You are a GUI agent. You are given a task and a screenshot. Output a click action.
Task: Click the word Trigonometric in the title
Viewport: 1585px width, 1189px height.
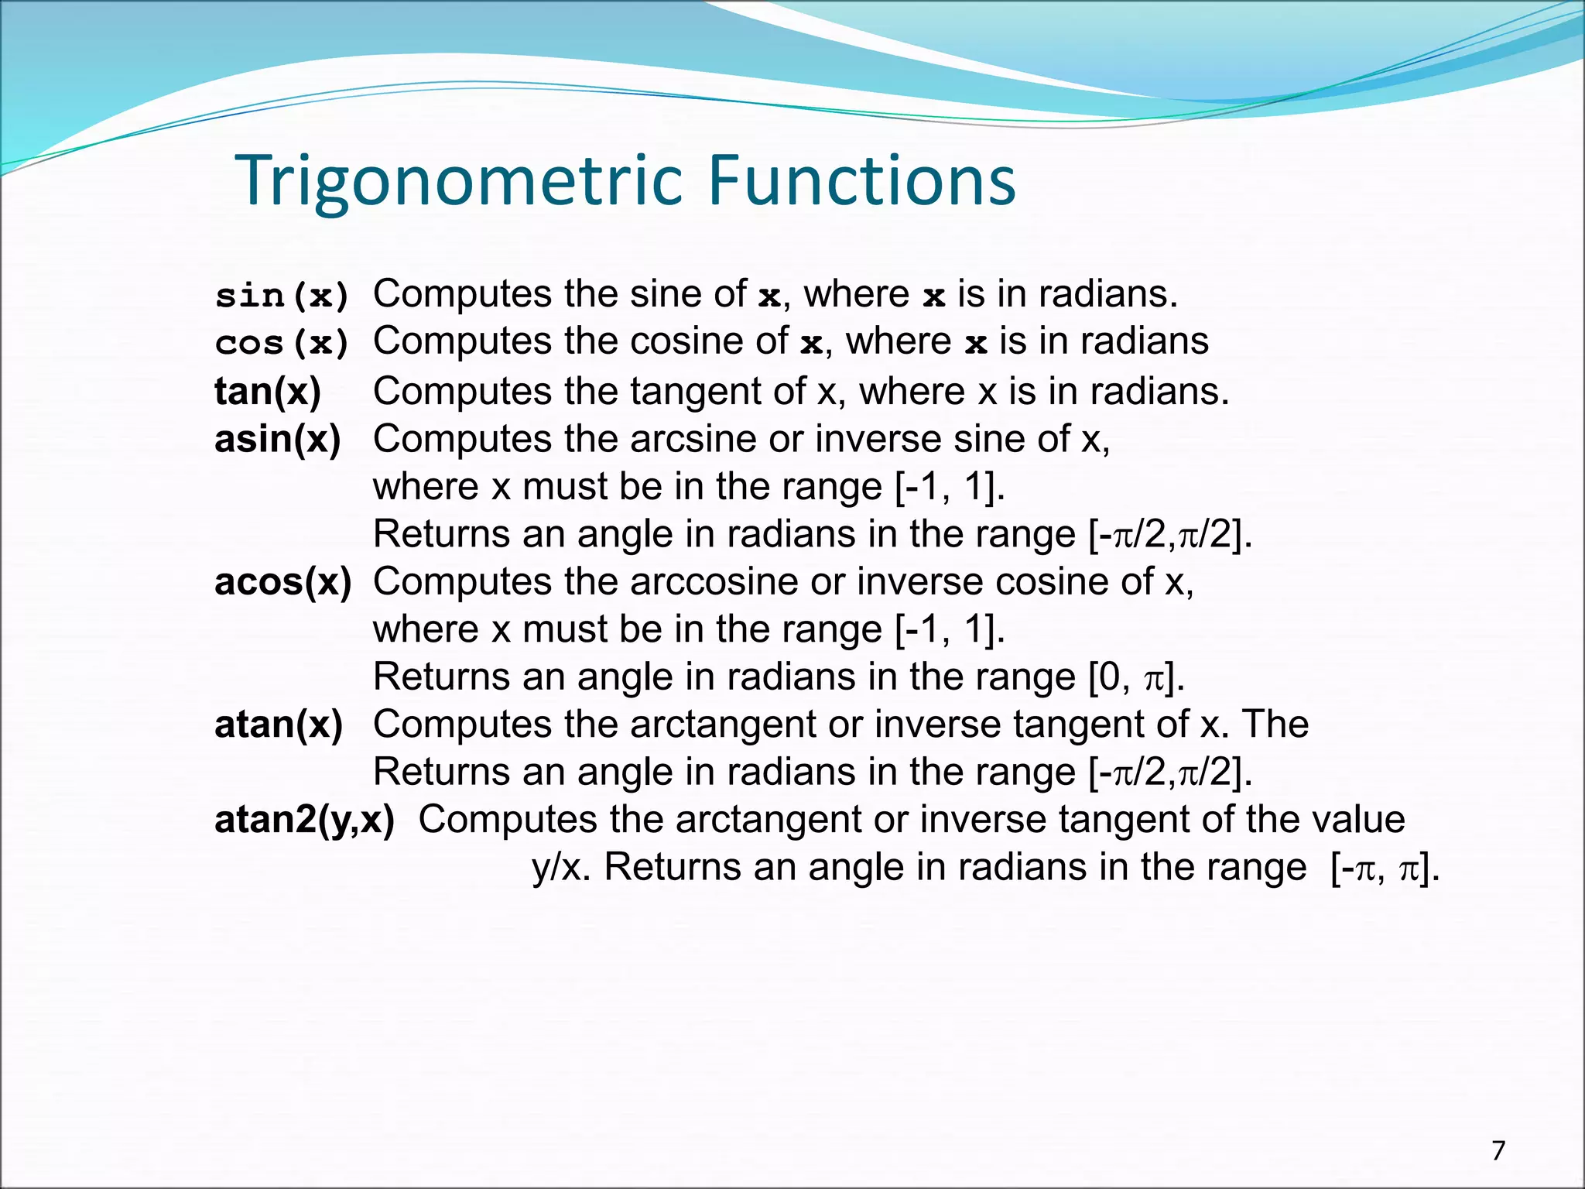point(461,181)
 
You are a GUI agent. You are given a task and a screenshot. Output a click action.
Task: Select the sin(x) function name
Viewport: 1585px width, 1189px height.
point(282,296)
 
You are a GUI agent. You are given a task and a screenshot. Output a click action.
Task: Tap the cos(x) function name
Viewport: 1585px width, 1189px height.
point(282,343)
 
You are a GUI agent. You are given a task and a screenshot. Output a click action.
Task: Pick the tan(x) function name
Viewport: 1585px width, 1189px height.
point(268,391)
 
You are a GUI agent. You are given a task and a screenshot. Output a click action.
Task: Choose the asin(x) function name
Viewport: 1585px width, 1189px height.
point(278,439)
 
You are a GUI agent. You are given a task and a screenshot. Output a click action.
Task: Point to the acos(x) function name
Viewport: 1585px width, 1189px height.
point(282,581)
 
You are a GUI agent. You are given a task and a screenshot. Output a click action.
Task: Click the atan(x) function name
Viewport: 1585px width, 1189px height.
point(279,725)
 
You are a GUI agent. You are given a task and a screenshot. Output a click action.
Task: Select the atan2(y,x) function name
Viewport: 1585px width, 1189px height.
point(304,820)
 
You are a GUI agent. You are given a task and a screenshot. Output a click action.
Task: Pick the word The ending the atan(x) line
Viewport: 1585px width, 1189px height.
point(1275,725)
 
